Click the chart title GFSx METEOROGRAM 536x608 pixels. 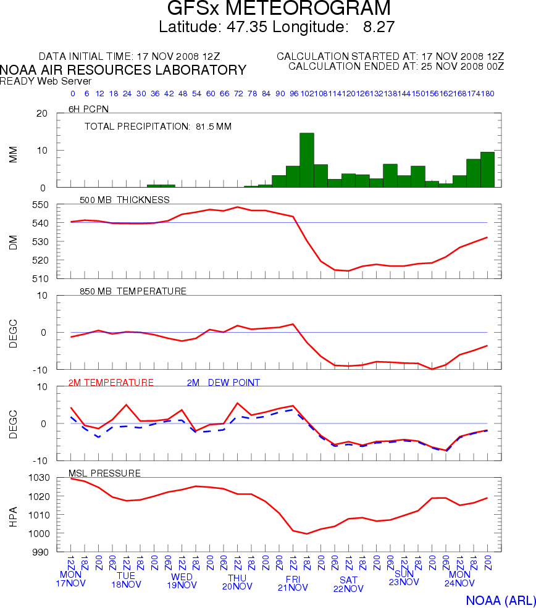click(279, 9)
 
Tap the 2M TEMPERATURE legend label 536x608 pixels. click(111, 383)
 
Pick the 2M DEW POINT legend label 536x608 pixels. click(223, 383)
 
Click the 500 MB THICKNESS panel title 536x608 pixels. click(125, 199)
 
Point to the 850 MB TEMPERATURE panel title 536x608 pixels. click(133, 291)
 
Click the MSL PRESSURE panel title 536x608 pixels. click(104, 473)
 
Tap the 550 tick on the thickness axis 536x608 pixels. click(40, 204)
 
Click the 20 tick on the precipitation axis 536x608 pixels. click(43, 114)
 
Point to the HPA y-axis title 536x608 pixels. click(14, 514)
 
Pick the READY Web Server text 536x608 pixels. click(46, 81)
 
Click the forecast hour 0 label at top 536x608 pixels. click(72, 94)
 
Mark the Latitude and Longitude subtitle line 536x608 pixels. click(277, 27)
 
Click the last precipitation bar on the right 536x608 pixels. click(487, 169)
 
